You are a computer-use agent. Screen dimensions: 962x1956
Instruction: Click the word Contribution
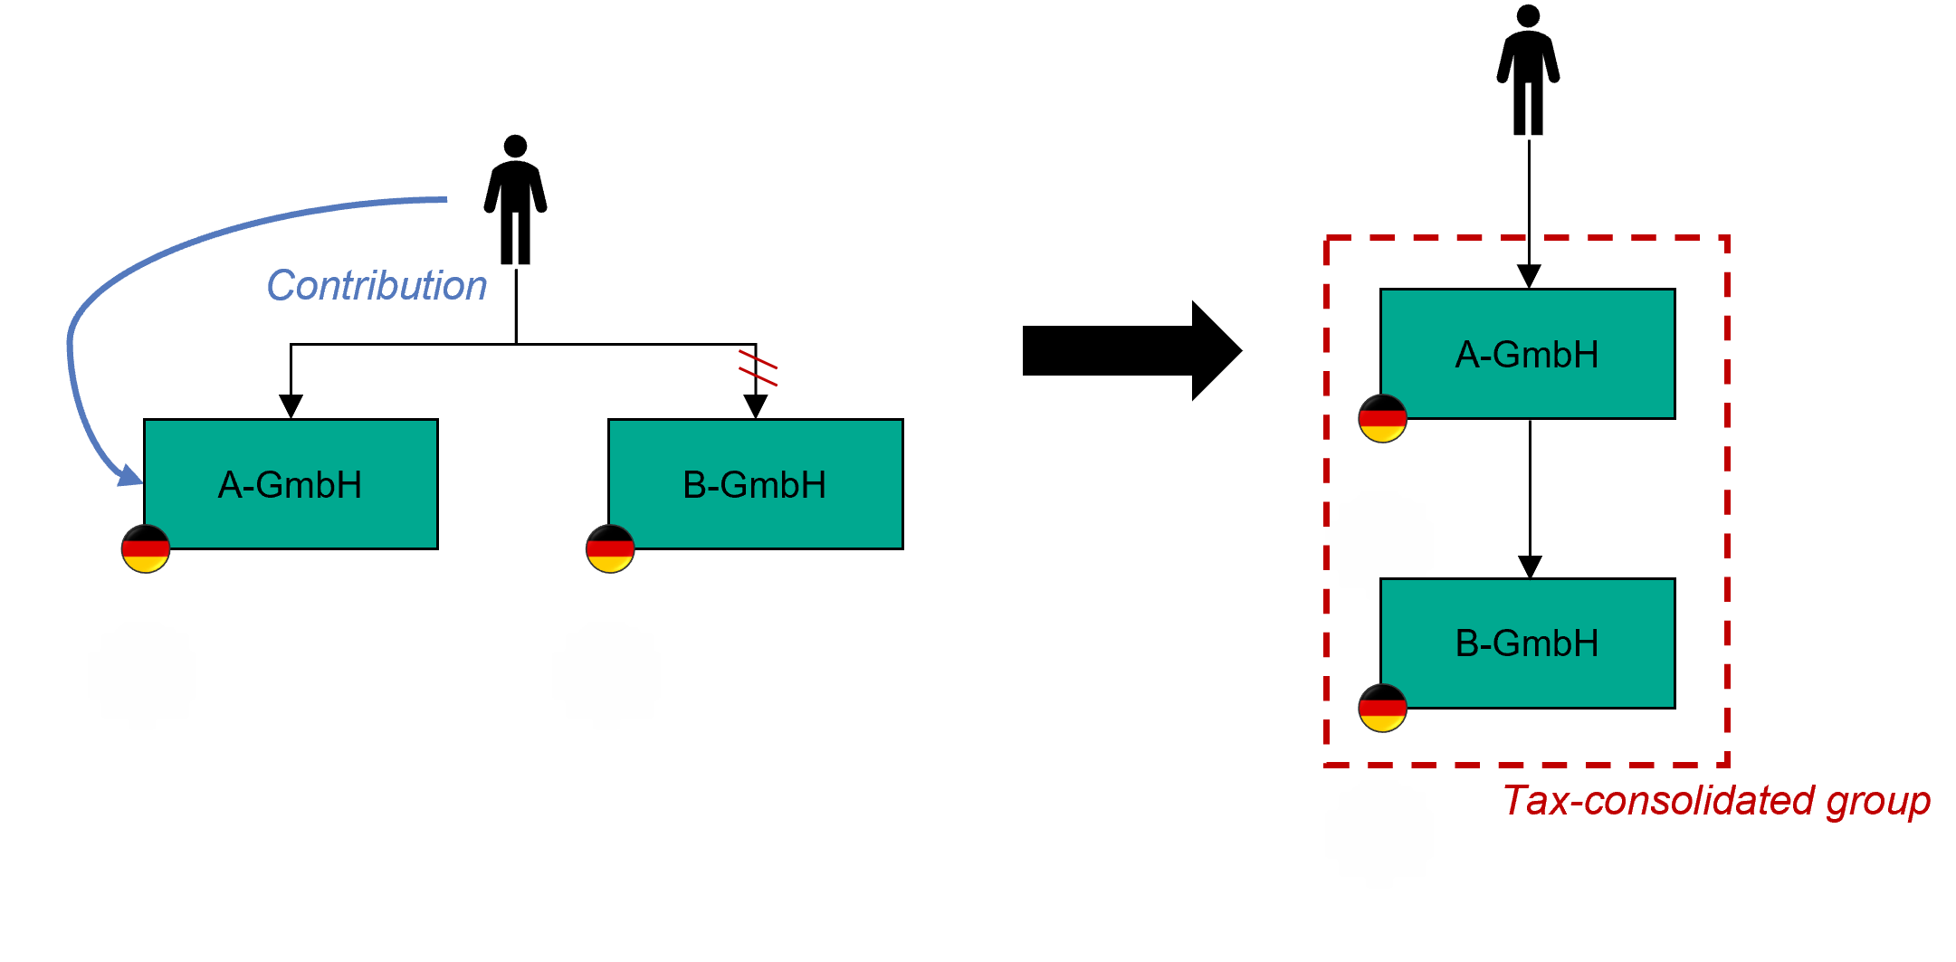(x=377, y=286)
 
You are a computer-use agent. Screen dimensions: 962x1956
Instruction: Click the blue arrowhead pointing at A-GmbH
(x=132, y=475)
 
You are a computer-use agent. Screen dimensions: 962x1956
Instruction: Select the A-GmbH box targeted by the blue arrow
(x=291, y=484)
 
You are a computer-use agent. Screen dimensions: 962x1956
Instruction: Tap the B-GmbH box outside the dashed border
(x=755, y=484)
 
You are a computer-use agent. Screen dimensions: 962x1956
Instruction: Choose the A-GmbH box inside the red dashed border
(x=1527, y=354)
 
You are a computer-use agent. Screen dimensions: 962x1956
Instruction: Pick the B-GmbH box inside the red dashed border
(x=1527, y=643)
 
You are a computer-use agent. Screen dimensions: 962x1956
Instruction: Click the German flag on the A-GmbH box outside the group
(x=146, y=548)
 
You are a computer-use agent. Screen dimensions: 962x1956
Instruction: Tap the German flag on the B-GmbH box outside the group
(x=610, y=548)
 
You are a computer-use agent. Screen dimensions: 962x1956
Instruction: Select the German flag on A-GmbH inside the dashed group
(x=1382, y=418)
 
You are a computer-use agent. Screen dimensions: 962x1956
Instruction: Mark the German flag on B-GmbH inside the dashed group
(x=1382, y=708)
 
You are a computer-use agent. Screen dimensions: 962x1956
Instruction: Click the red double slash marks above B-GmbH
(x=759, y=367)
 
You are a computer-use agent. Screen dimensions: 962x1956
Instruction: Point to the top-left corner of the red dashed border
(x=1327, y=239)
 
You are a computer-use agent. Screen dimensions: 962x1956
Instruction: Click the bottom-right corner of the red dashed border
(x=1727, y=765)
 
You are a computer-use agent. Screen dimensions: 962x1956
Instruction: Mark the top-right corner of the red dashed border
(x=1727, y=239)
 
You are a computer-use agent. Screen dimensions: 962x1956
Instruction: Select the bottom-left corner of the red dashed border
(x=1327, y=765)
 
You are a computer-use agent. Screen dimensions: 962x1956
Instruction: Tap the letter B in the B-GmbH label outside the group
(x=694, y=485)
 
